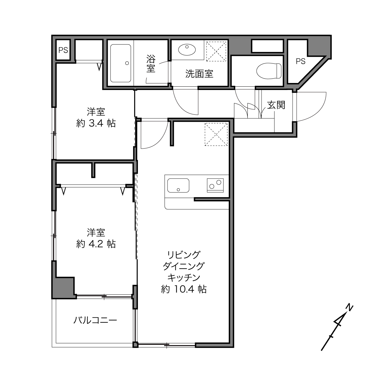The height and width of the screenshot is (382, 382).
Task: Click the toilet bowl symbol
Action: click(269, 71)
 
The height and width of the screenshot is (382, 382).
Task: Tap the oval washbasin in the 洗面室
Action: click(187, 49)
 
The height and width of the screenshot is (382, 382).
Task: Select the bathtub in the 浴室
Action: click(121, 63)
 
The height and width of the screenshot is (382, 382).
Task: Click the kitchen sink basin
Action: click(178, 185)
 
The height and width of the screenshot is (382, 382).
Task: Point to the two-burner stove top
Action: click(215, 185)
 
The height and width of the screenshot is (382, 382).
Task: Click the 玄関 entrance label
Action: click(276, 105)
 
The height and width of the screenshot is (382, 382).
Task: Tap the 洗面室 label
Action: click(199, 74)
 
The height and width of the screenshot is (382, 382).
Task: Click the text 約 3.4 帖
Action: click(96, 124)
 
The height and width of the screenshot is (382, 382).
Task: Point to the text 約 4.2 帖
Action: click(96, 244)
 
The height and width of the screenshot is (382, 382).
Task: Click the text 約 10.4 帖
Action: click(184, 290)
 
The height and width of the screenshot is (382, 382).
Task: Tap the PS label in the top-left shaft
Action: click(63, 50)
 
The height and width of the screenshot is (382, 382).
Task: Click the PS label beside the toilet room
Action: click(301, 61)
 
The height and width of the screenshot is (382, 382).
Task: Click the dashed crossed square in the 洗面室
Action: click(216, 51)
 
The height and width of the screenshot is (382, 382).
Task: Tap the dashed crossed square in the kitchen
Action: click(216, 135)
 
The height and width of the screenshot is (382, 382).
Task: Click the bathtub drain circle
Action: click(127, 63)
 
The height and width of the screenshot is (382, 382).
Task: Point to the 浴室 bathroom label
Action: click(151, 63)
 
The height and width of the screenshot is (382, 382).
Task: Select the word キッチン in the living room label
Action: click(184, 278)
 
